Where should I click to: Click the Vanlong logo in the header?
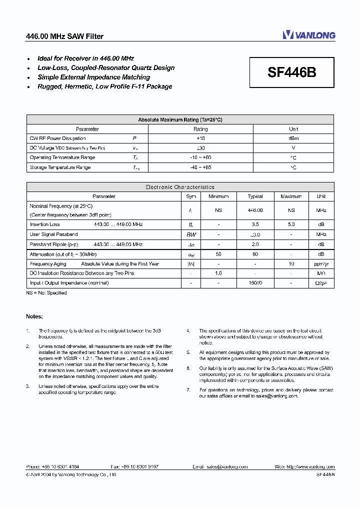(x=308, y=35)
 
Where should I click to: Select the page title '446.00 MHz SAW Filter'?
(x=64, y=36)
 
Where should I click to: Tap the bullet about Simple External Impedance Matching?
(x=93, y=77)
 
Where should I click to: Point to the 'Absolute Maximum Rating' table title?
(x=180, y=120)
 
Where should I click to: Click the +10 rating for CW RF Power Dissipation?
(x=200, y=138)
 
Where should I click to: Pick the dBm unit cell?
(x=293, y=138)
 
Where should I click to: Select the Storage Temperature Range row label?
(x=60, y=167)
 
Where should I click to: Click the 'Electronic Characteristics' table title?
(x=180, y=187)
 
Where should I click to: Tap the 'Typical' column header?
(x=255, y=196)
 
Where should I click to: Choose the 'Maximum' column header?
(x=291, y=196)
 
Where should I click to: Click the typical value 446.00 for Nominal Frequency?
(x=255, y=211)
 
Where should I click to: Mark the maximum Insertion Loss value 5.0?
(x=291, y=225)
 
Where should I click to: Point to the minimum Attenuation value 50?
(x=218, y=254)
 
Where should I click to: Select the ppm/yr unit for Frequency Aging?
(x=321, y=264)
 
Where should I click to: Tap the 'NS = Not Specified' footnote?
(x=46, y=293)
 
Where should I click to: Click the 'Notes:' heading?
(x=34, y=316)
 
